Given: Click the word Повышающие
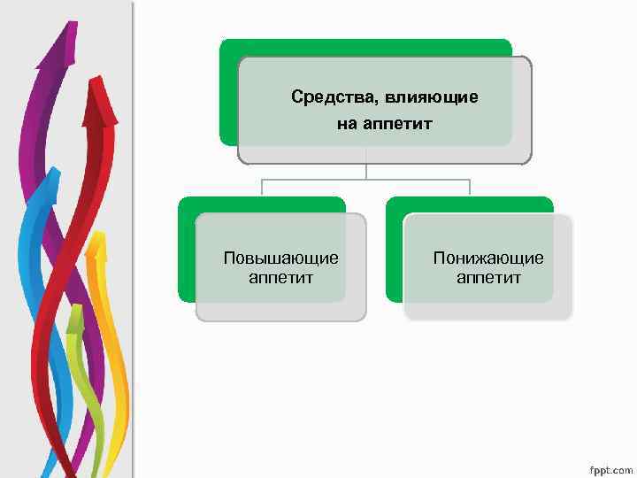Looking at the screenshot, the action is click(x=280, y=258).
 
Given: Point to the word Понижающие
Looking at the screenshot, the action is click(x=488, y=258).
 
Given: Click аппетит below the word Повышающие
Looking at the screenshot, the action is click(x=280, y=278).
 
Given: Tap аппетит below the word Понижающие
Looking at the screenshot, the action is click(x=488, y=278).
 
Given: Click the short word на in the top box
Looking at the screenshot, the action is click(x=346, y=124).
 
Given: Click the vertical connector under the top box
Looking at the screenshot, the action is click(x=366, y=171).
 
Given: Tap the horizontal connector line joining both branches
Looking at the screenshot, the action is click(x=366, y=180).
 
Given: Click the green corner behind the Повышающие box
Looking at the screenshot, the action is click(x=186, y=266).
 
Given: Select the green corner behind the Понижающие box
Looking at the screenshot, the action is click(x=395, y=266).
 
